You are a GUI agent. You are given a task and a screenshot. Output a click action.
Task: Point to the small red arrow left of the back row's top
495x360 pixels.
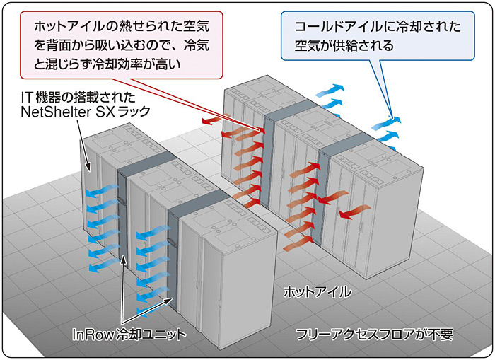[209, 122]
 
